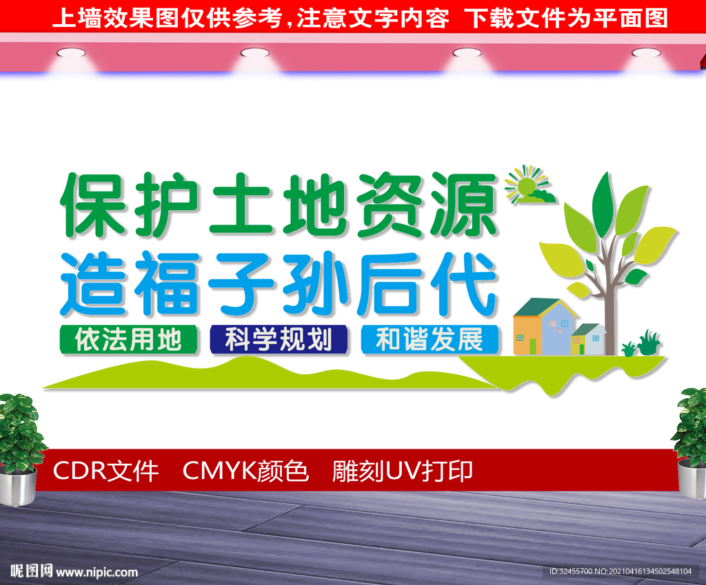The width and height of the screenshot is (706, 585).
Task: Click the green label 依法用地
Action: click(x=128, y=339)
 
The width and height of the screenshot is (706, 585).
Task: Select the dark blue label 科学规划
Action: click(x=279, y=339)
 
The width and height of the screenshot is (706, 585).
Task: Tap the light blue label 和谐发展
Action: click(x=429, y=339)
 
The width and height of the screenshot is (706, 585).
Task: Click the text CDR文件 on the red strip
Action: click(x=105, y=471)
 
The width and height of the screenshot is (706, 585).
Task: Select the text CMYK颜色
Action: click(x=245, y=471)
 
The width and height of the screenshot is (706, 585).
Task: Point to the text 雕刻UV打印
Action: click(x=402, y=471)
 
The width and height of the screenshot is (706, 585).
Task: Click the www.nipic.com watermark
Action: click(x=97, y=572)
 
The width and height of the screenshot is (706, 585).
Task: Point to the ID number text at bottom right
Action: click(x=620, y=572)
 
